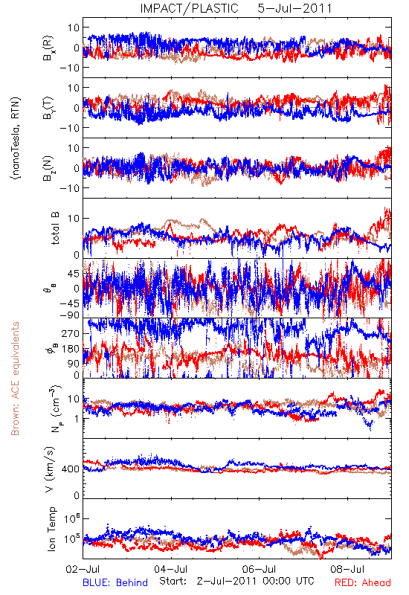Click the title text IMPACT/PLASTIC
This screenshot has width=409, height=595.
point(190,8)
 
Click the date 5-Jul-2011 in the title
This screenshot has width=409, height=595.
point(294,8)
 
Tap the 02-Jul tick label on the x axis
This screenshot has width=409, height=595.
point(83,569)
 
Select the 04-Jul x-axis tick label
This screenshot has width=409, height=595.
point(171,569)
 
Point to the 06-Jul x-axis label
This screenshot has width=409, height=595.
point(259,569)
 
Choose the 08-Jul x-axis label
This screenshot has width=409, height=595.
point(347,569)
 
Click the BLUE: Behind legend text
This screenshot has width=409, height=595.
point(115,582)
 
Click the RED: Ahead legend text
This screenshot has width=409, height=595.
point(363,582)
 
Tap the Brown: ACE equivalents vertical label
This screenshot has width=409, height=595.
point(15,379)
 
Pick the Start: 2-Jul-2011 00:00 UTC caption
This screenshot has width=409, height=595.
point(236,581)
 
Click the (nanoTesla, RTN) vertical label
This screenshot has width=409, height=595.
point(16,138)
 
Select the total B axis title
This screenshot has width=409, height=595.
point(54,228)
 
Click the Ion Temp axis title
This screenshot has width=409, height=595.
point(51,529)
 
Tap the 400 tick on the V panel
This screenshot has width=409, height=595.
point(71,469)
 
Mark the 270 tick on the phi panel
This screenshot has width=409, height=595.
point(71,333)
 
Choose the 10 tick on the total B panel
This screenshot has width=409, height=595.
point(74,218)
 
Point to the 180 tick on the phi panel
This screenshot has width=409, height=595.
point(71,349)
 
